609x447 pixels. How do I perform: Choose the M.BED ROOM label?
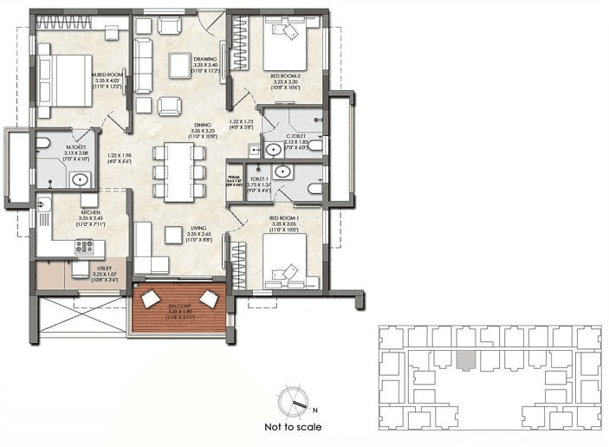pos(108,74)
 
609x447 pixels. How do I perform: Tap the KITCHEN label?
pos(91,212)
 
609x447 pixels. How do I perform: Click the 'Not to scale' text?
pos(293,427)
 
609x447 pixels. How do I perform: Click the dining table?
pos(179,169)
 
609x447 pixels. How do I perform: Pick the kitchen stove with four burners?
pos(84,246)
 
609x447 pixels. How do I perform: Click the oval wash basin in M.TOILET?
pos(79,180)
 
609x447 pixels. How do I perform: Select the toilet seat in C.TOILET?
pos(314,146)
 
